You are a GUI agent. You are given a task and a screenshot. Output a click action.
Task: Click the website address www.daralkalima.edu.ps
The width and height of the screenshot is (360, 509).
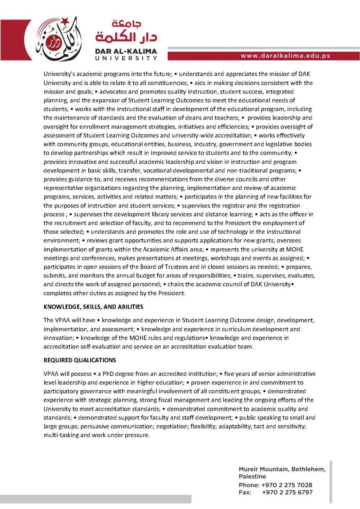pyautogui.click(x=285, y=56)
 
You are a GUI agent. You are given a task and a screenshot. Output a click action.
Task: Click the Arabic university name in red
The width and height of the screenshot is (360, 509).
pyautogui.click(x=126, y=31)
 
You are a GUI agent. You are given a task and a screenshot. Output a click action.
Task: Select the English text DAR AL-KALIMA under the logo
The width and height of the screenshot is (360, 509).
pyautogui.click(x=126, y=51)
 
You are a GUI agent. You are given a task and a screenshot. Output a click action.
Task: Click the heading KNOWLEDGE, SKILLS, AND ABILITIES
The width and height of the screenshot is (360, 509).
pyautogui.click(x=93, y=306)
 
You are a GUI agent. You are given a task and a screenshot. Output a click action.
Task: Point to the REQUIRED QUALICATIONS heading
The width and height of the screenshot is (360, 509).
pyautogui.click(x=80, y=360)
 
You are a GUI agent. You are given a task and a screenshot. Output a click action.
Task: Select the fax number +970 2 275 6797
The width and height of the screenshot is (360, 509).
pyautogui.click(x=287, y=492)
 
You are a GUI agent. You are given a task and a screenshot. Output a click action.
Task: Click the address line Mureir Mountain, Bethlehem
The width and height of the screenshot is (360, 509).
pyautogui.click(x=282, y=469)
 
